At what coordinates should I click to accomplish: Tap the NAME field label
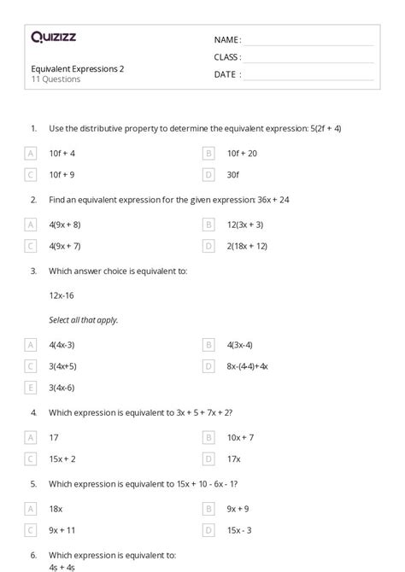click(227, 40)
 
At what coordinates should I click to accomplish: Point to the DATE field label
click(227, 74)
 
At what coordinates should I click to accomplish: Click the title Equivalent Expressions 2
click(77, 69)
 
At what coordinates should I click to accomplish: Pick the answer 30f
click(233, 174)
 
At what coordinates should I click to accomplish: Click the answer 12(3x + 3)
click(244, 225)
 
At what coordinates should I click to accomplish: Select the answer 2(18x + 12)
click(247, 246)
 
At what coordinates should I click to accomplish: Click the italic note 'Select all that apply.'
click(84, 319)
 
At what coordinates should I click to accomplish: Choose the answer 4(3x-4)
click(242, 345)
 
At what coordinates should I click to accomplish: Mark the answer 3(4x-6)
click(62, 387)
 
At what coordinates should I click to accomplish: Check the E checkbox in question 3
click(31, 387)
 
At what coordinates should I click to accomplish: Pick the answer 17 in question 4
click(54, 437)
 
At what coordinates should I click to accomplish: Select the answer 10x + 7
click(241, 437)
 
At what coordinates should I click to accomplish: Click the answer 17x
click(234, 458)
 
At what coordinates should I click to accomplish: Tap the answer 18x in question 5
click(56, 509)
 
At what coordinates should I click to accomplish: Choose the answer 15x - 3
click(240, 529)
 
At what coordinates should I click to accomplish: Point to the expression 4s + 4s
click(62, 565)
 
